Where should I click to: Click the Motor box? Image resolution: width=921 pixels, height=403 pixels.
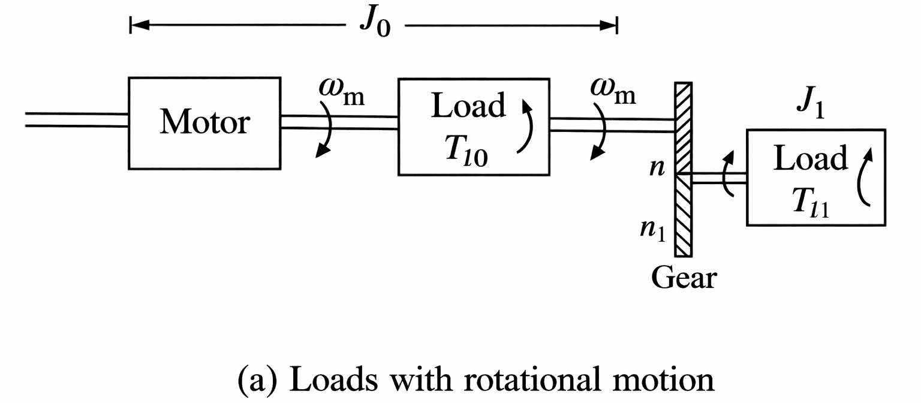tap(204, 123)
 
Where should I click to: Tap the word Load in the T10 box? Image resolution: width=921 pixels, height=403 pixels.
tap(469, 106)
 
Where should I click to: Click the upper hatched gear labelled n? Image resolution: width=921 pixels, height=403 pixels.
tap(684, 128)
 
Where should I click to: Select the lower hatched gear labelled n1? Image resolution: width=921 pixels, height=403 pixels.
tap(684, 215)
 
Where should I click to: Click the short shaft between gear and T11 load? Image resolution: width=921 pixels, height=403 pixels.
tap(719, 178)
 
